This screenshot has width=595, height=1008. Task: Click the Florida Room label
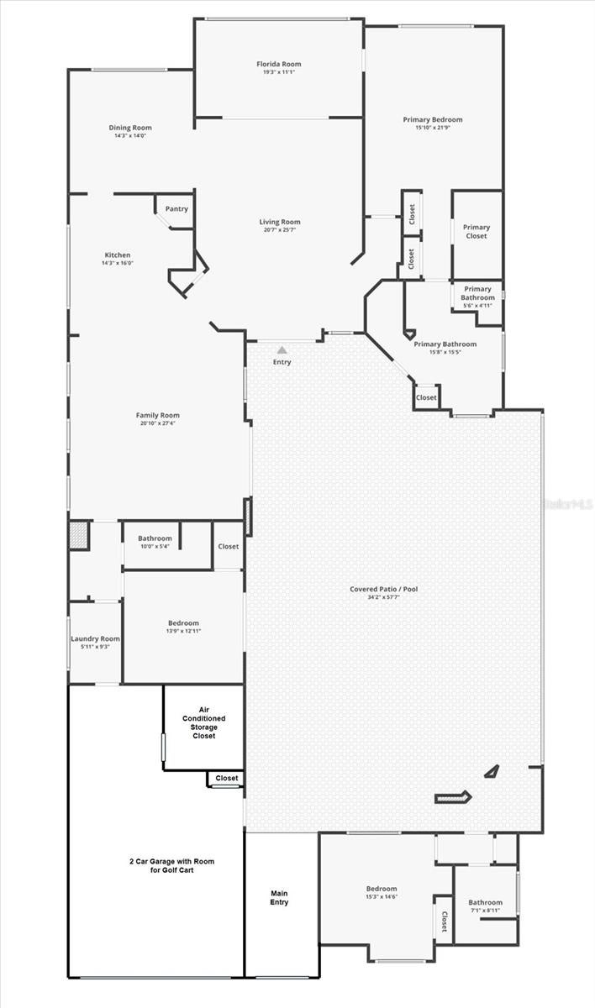pyautogui.click(x=278, y=64)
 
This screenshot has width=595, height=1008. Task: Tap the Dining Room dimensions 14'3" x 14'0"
pyautogui.click(x=129, y=136)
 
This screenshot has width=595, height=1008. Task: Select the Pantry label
pyautogui.click(x=176, y=209)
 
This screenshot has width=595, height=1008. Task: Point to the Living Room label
pyautogui.click(x=279, y=222)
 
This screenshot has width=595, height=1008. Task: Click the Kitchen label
pyautogui.click(x=117, y=255)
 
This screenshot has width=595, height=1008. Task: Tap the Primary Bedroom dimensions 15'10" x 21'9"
pyautogui.click(x=433, y=128)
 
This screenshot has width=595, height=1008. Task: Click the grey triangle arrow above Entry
pyautogui.click(x=282, y=349)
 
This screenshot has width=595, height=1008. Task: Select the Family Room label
pyautogui.click(x=157, y=415)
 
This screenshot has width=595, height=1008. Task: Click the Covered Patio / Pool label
pyautogui.click(x=383, y=589)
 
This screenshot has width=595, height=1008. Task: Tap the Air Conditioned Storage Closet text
pyautogui.click(x=203, y=722)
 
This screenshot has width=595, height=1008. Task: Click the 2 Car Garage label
pyautogui.click(x=156, y=866)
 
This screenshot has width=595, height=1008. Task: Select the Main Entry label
pyautogui.click(x=279, y=897)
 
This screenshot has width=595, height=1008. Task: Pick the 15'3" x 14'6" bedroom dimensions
pyautogui.click(x=381, y=896)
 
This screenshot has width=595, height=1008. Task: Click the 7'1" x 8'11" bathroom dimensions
pyautogui.click(x=485, y=910)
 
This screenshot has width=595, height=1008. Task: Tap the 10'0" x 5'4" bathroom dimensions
pyautogui.click(x=155, y=547)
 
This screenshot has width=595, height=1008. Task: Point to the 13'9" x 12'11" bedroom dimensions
pyautogui.click(x=183, y=631)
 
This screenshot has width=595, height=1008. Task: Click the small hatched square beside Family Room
pyautogui.click(x=79, y=535)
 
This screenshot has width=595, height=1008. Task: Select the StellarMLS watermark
pyautogui.click(x=567, y=504)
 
